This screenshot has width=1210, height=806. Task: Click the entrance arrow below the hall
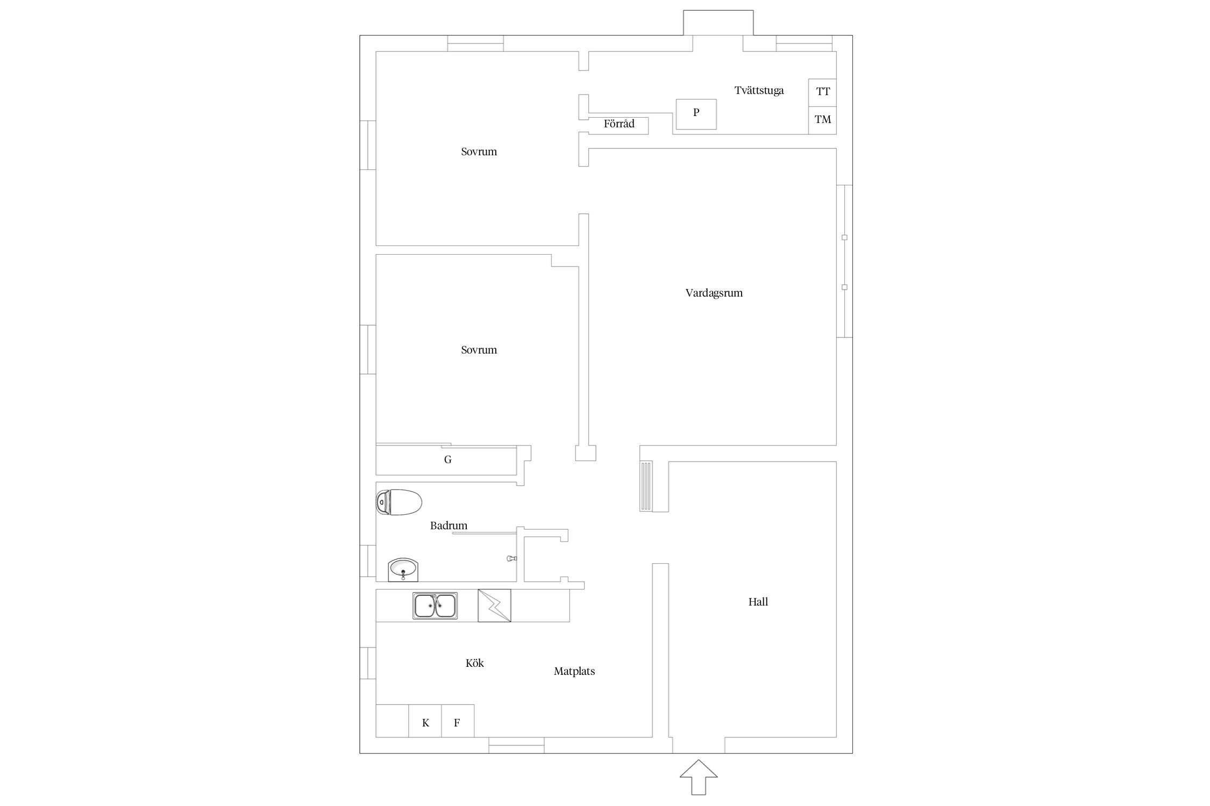tap(698, 777)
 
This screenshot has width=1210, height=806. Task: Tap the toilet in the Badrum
tap(398, 502)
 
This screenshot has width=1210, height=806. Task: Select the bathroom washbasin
tap(403, 570)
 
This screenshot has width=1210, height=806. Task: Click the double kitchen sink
tap(435, 606)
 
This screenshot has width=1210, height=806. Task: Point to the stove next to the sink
tap(494, 606)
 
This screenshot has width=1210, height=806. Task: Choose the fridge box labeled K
tap(425, 721)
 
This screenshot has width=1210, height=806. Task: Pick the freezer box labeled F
tap(458, 721)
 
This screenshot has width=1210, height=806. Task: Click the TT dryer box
tap(822, 92)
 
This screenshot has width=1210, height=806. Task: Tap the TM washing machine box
tap(822, 120)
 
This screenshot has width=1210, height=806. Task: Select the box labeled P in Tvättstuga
tap(696, 114)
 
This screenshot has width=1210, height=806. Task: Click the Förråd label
tap(619, 124)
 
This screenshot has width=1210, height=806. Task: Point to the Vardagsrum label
tap(714, 293)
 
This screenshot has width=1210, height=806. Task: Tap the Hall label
tap(758, 602)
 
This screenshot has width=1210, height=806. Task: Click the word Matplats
tap(574, 671)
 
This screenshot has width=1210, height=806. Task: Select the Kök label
tap(474, 663)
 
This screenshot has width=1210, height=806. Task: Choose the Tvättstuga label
tap(759, 90)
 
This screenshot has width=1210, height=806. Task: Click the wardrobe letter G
tap(447, 459)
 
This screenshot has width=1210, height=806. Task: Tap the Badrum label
tap(449, 526)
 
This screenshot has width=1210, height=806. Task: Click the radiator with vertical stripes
tap(646, 486)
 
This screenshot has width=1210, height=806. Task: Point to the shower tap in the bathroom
tap(511, 559)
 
